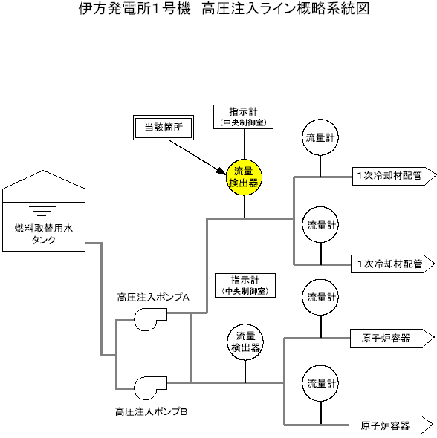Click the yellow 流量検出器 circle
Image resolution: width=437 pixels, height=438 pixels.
point(244,177)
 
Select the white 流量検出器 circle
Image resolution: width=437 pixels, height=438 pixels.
point(245,342)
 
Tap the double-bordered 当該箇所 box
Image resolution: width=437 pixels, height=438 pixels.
point(164,128)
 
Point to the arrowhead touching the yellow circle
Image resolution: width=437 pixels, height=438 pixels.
point(222,171)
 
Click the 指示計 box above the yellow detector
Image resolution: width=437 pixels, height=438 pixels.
point(243,117)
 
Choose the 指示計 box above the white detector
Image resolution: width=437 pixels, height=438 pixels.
point(245,285)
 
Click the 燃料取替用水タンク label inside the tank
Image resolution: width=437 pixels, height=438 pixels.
point(44,234)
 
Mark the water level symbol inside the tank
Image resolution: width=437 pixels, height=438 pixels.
point(42,211)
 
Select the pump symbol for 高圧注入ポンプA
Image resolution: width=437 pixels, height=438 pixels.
point(150,319)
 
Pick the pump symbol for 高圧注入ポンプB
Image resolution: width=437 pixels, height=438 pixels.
point(150,388)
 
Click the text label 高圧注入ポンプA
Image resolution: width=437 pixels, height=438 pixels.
point(153,297)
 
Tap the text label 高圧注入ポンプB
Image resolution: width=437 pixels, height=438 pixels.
point(152,411)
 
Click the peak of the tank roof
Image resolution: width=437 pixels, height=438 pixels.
point(43,171)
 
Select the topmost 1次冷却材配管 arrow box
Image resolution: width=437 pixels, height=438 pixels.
point(394,176)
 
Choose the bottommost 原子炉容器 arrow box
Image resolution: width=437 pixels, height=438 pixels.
point(391,425)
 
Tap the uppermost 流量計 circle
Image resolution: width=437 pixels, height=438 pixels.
point(320,137)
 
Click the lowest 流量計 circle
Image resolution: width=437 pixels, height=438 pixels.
point(321,383)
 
